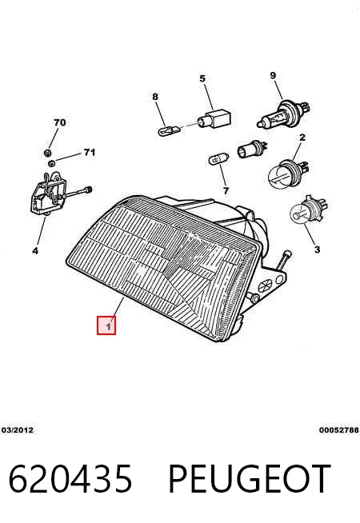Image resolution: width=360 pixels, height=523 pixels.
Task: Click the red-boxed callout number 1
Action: pos(106,325)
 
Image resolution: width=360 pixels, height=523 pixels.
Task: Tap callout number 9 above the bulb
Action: pos(273,75)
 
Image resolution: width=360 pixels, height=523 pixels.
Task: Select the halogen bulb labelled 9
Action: pos(284,114)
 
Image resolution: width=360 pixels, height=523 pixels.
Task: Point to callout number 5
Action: pos(202,78)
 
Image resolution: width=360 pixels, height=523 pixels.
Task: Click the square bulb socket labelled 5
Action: pos(214,118)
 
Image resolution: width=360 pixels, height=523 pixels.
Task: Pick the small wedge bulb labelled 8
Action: pos(170,130)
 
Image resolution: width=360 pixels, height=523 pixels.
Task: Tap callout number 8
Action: pos(155,97)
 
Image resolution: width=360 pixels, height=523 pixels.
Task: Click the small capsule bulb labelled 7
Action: pos(219,159)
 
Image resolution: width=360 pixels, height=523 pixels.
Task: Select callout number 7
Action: pos(226,191)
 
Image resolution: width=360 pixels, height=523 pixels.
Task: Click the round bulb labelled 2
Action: pos(288,172)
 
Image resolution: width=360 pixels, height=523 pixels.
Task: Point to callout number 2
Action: pos(302,137)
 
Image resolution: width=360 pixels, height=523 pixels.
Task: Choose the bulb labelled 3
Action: pos(307,210)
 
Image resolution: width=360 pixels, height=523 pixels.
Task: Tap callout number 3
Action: pos(317,250)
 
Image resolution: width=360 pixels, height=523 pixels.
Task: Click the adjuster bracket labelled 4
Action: pos(50,193)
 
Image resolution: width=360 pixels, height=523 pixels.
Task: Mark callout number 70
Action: pos(60,122)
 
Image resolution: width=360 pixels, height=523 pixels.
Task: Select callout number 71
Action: pos(90,153)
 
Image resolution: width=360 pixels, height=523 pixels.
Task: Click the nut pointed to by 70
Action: pos(47,153)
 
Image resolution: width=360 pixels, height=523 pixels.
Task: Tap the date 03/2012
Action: pos(18,430)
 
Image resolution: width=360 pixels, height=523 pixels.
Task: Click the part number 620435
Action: pos(70,479)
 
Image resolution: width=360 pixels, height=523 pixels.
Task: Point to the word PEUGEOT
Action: pos(250,479)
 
